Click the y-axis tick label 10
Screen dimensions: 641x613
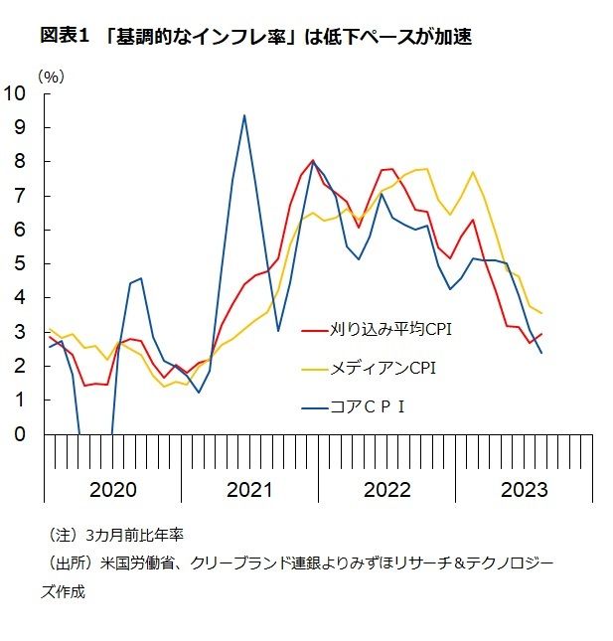tap(18, 93)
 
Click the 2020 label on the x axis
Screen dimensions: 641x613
tap(112, 489)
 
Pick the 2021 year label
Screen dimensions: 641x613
tap(249, 489)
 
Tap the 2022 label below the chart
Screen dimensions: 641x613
tap(386, 489)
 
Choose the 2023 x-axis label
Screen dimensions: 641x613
tap(524, 489)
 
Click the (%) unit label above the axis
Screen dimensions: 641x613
tap(51, 76)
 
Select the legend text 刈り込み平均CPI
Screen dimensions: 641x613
tap(389, 329)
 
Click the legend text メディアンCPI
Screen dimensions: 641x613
tap(383, 368)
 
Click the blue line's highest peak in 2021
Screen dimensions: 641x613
tap(244, 115)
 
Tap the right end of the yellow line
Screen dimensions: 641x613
tap(541, 314)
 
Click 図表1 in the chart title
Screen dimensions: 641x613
tap(65, 37)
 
